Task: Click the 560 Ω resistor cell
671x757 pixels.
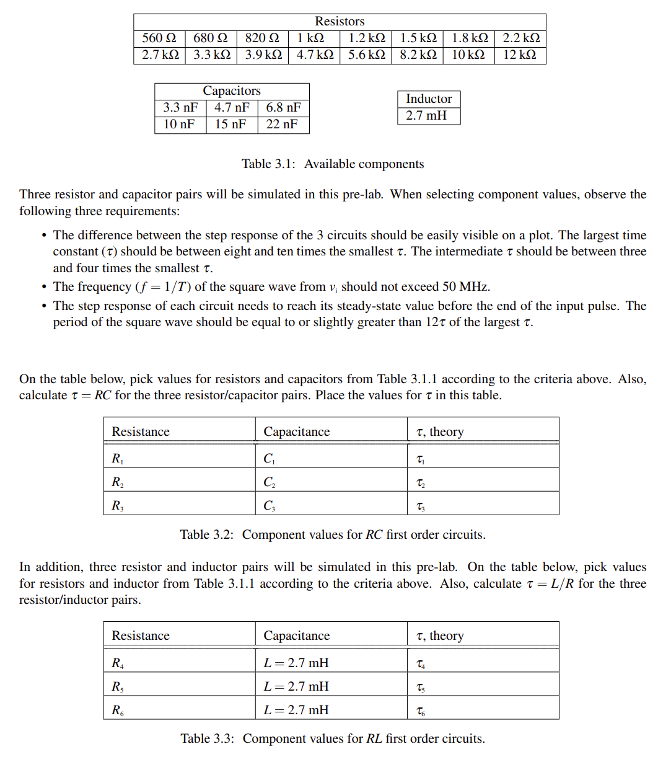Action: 159,38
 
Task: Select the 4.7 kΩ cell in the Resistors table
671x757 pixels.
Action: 315,55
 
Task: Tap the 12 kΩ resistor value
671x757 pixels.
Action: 519,55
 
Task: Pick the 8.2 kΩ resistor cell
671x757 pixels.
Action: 418,55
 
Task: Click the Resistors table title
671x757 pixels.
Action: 340,22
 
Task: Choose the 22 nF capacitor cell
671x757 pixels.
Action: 282,124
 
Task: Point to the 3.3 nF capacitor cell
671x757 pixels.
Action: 180,107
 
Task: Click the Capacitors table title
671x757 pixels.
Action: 232,91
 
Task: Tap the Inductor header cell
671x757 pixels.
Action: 429,99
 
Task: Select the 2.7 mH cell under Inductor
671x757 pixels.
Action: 426,115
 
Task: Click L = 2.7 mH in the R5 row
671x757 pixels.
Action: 296,686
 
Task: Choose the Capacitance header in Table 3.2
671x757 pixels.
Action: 297,432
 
